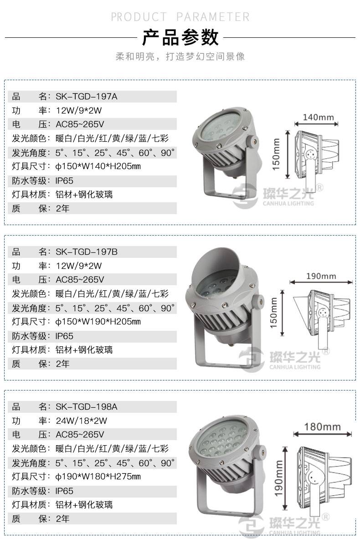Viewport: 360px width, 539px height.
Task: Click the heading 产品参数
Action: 180,37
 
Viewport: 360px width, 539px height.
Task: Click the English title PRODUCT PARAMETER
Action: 180,17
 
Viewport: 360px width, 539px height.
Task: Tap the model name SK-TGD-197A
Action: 86,97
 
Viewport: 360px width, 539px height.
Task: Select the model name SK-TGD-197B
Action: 86,252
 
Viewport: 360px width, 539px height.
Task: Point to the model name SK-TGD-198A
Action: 86,407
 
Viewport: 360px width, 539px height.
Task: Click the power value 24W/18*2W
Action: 82,421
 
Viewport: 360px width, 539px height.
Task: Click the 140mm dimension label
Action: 318,118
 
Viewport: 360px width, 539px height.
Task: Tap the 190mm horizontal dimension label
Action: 321,277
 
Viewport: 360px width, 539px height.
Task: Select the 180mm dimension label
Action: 322,427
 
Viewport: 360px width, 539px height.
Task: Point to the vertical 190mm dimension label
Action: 278,478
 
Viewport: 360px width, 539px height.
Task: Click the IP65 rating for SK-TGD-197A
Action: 64,181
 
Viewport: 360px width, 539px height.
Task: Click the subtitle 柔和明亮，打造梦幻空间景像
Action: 180,56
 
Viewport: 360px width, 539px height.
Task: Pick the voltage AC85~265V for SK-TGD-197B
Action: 80,280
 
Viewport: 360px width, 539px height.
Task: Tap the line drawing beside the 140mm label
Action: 316,155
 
